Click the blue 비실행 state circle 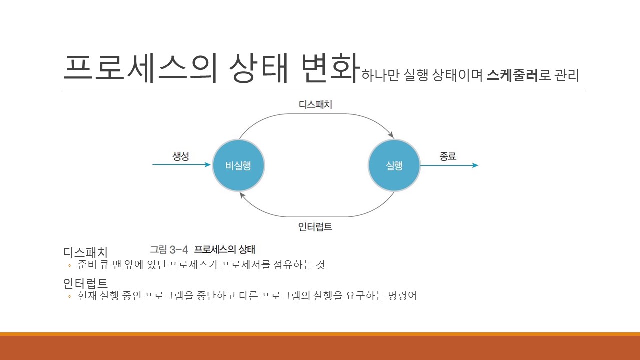tap(238, 166)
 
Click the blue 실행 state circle tap(394, 166)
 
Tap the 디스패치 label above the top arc tap(315, 105)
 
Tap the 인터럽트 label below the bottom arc tap(315, 227)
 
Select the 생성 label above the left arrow tap(181, 156)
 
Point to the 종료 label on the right tap(448, 156)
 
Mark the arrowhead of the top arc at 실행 tap(391, 135)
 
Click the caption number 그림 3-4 tap(169, 249)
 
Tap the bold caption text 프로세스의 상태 tap(224, 249)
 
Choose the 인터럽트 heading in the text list tap(85, 284)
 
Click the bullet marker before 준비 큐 tap(69, 265)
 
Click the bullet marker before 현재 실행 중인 tap(69, 296)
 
